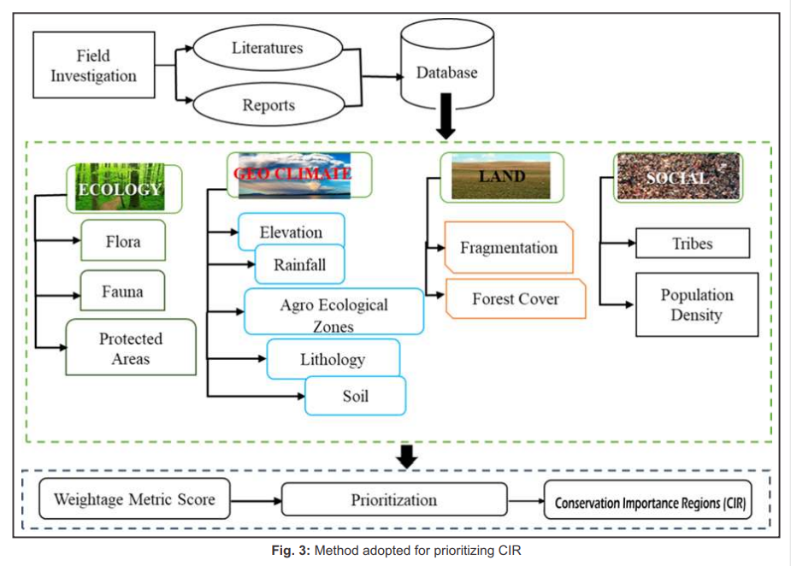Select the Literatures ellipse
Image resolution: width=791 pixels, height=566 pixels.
pyautogui.click(x=267, y=48)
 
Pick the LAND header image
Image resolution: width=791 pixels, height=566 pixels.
pyautogui.click(x=502, y=178)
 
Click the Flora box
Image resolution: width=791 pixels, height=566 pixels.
pyautogui.click(x=123, y=242)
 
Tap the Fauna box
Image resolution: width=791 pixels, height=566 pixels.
pyautogui.click(x=123, y=292)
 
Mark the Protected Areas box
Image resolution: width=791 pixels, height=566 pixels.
pyautogui.click(x=131, y=348)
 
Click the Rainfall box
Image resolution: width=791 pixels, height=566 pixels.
pyautogui.click(x=300, y=265)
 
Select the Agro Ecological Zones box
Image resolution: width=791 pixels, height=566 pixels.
pyautogui.click(x=334, y=314)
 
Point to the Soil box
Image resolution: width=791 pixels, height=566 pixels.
pyautogui.click(x=356, y=397)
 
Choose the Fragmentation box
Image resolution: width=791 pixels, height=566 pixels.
pyautogui.click(x=509, y=248)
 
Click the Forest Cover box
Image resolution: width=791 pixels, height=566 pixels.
pyautogui.click(x=516, y=299)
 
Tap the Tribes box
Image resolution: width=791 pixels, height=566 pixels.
pyautogui.click(x=692, y=244)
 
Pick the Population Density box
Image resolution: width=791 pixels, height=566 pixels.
pyautogui.click(x=696, y=304)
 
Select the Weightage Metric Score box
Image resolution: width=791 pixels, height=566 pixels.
pyautogui.click(x=135, y=499)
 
